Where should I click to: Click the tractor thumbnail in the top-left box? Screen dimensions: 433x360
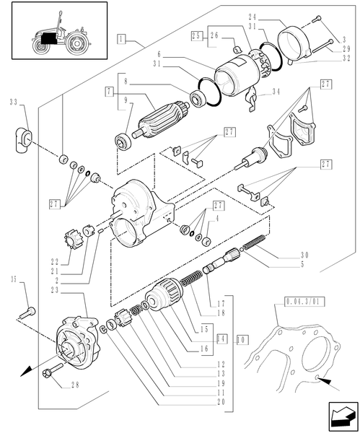(x=54, y=32)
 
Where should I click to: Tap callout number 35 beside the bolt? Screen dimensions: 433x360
(x=13, y=279)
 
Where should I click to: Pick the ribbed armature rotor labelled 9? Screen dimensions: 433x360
(x=152, y=126)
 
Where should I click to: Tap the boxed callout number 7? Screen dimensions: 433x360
(x=110, y=92)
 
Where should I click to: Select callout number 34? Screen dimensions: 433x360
(x=276, y=92)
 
